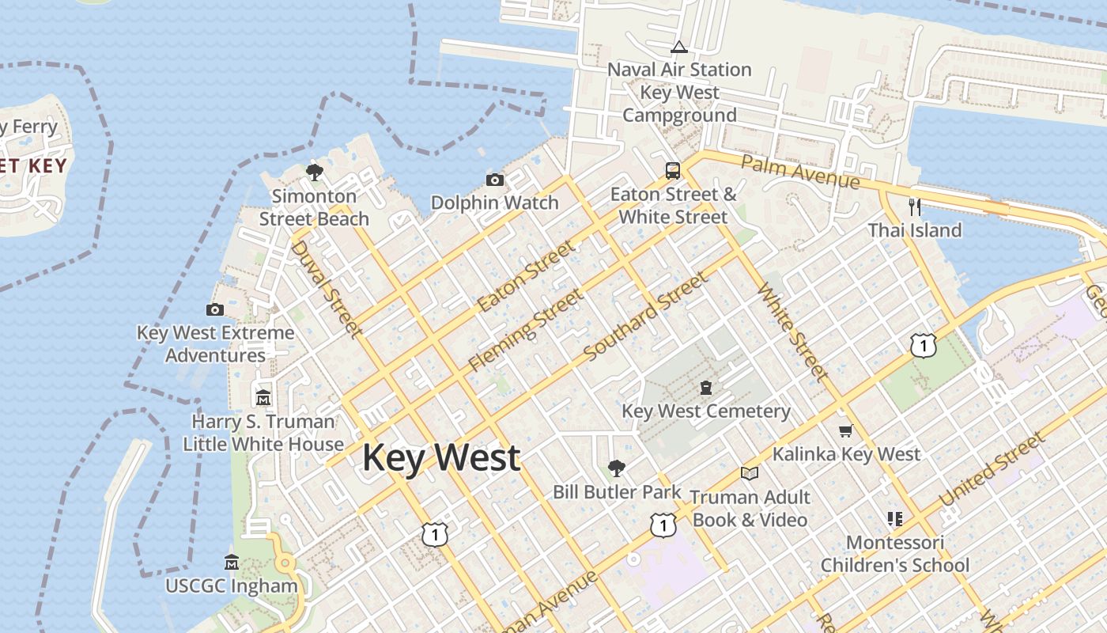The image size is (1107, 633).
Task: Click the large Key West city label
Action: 441,458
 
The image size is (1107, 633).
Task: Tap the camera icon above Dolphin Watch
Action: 495,180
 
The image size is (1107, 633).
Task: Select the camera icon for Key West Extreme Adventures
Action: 214,309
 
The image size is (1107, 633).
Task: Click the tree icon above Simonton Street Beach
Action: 315,172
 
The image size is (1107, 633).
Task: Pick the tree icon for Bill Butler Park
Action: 616,468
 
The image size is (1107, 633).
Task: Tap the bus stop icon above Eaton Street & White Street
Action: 672,170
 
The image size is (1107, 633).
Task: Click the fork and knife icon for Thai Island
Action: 915,207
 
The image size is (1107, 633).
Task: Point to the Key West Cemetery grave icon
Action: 705,388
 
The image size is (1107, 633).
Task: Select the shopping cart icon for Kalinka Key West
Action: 845,430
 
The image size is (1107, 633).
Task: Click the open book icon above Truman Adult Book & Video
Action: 749,473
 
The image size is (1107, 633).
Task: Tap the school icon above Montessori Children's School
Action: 895,519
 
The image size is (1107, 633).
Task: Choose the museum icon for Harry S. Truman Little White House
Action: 263,397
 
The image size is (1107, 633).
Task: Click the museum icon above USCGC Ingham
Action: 232,563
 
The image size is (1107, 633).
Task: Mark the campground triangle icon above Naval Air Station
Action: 678,47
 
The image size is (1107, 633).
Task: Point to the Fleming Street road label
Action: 526,330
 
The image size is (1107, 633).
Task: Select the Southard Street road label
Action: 647,316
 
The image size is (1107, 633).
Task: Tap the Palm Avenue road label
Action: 800,172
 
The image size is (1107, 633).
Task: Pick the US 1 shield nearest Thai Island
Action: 923,345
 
